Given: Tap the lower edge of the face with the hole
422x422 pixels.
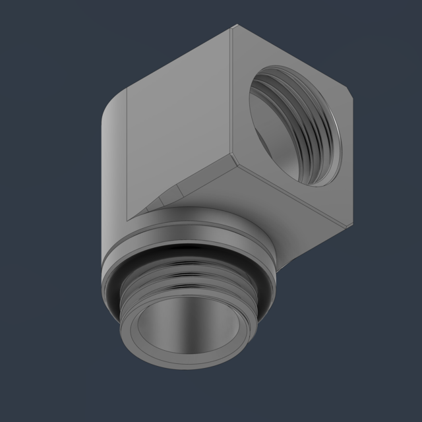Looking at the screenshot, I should point(290,191).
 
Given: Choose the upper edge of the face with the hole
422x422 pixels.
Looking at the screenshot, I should point(290,59).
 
